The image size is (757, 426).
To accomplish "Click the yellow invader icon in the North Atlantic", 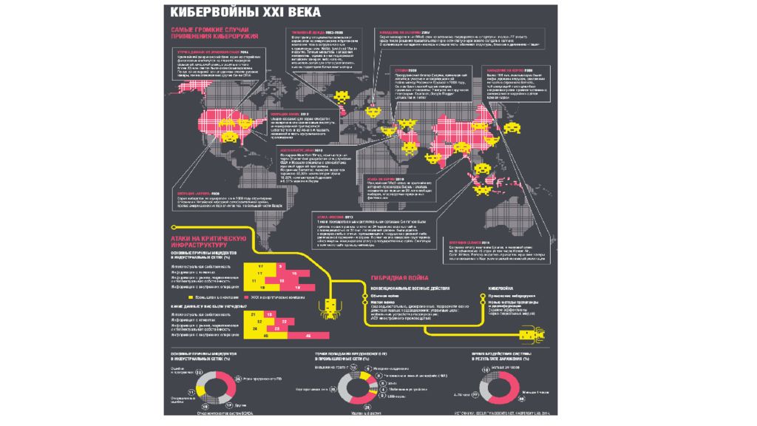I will [344, 96].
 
